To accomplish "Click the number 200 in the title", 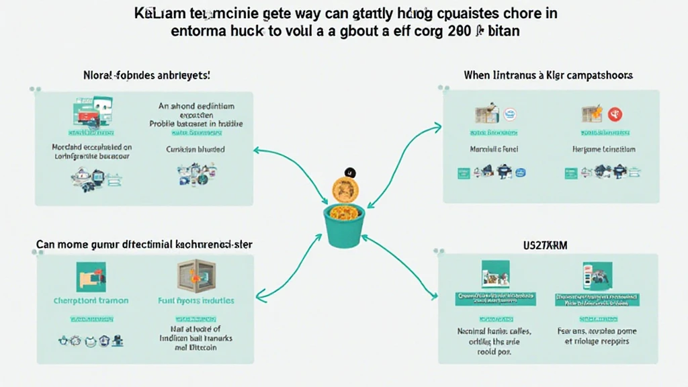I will coord(455,32).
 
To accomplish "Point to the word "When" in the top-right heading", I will coord(476,75).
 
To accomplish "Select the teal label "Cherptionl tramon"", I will coord(91,300).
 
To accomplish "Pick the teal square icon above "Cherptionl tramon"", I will coord(91,276).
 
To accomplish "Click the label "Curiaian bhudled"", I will coord(196,149).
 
